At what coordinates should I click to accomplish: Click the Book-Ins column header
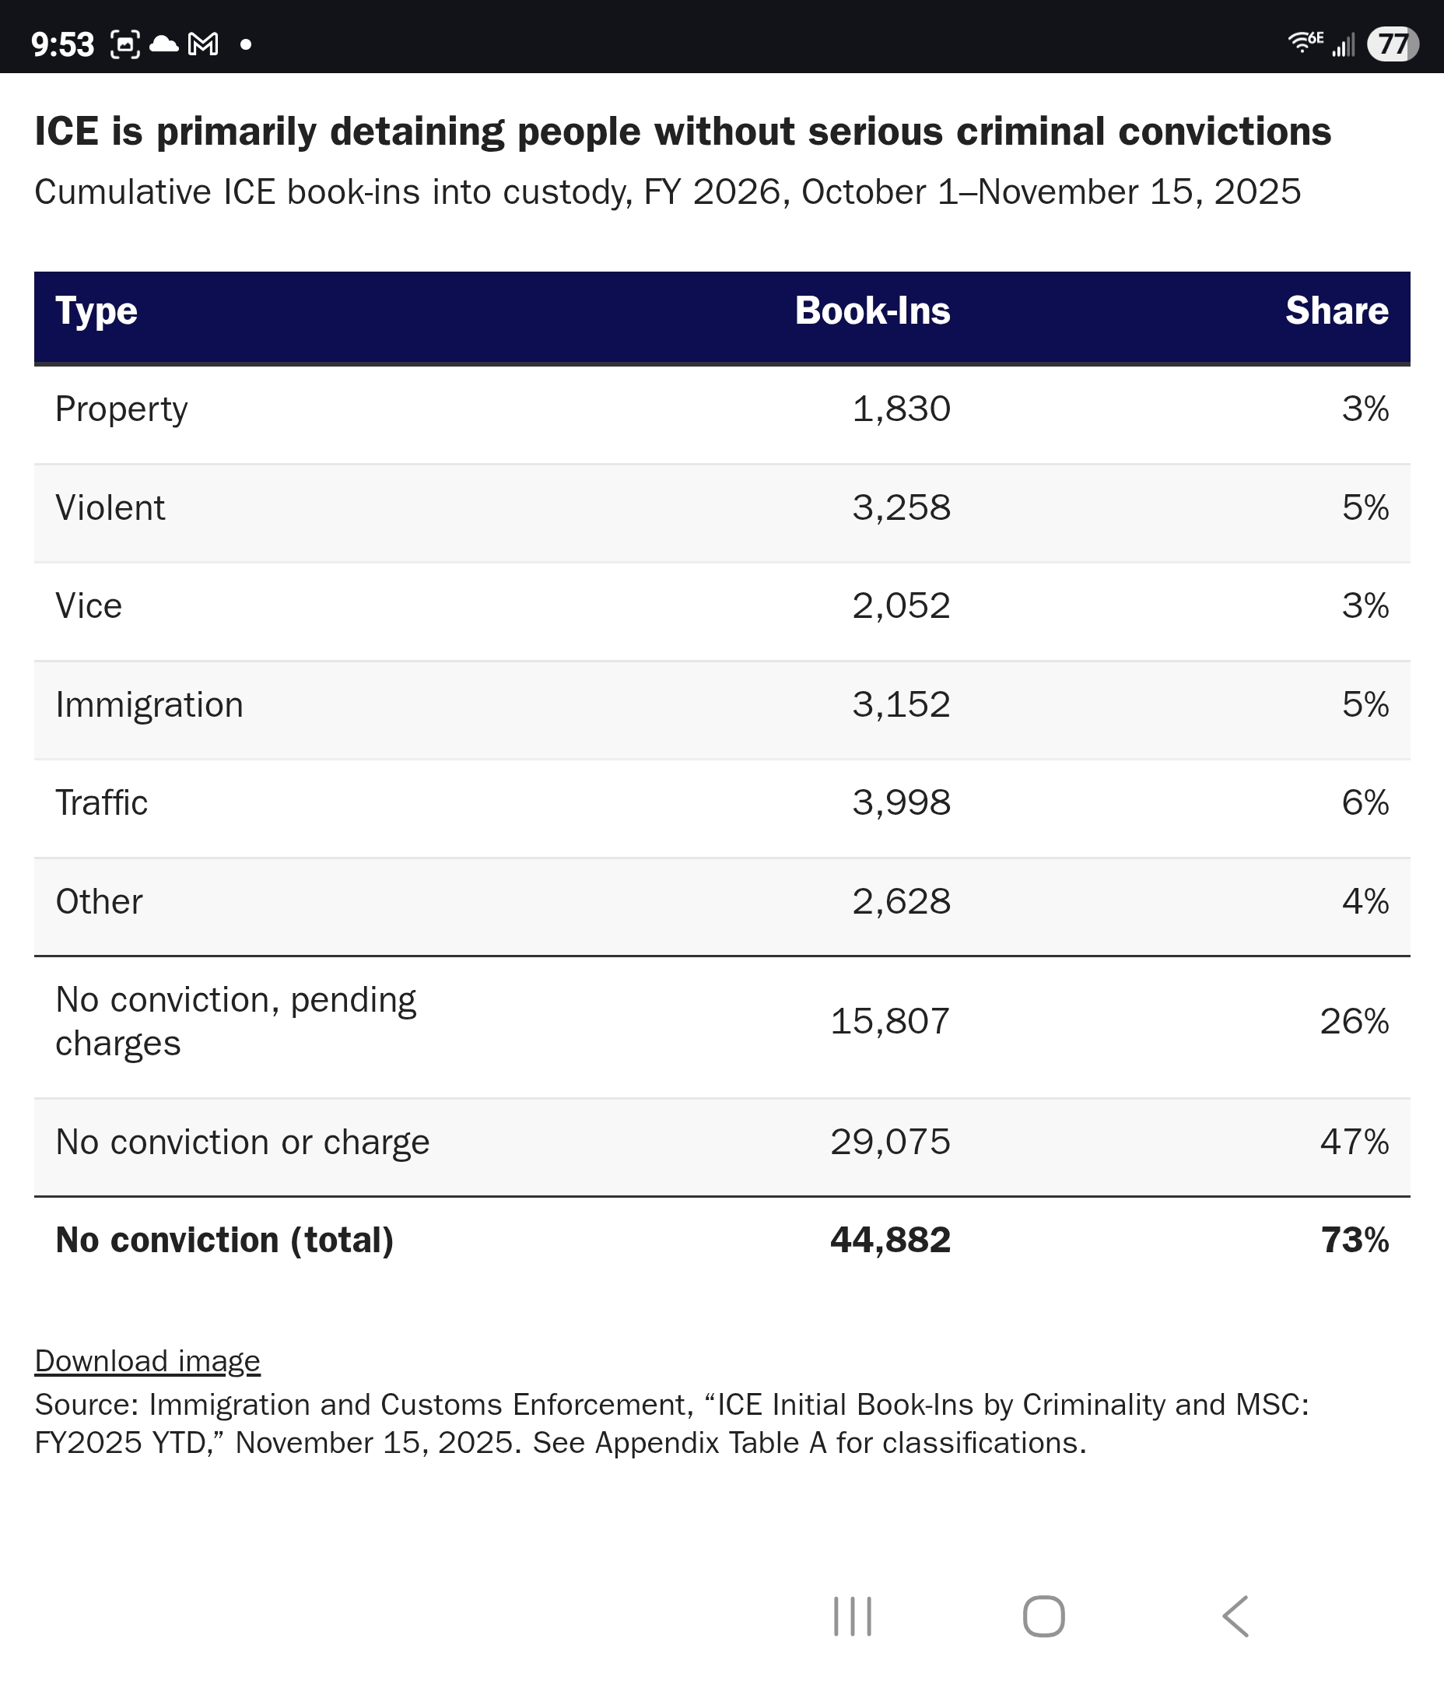(872, 311)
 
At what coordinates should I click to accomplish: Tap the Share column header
(1336, 311)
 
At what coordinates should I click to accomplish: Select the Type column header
(96, 311)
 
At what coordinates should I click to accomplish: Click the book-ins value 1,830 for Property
(900, 409)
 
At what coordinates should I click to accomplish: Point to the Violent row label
(110, 508)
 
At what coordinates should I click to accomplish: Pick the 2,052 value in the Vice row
(900, 606)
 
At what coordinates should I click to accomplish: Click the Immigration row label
(149, 705)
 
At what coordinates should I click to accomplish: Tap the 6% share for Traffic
(1365, 803)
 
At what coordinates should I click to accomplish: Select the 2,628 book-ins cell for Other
(900, 901)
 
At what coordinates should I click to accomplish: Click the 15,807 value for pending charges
(890, 1021)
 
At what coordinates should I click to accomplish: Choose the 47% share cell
(1354, 1142)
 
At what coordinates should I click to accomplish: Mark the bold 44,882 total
(890, 1241)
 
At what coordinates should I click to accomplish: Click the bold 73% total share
(1354, 1241)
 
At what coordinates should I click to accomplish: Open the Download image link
(147, 1361)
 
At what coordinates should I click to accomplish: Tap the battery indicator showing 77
(1392, 44)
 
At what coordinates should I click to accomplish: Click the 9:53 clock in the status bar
(62, 44)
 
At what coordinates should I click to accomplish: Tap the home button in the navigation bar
(1043, 1617)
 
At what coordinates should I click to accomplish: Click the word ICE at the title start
(67, 132)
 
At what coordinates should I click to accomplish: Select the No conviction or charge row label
(242, 1142)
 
